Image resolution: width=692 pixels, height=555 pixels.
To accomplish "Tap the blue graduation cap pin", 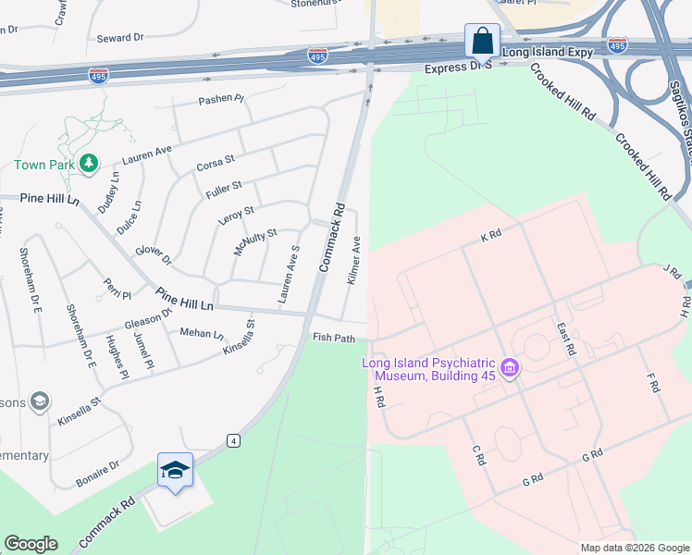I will [175, 471].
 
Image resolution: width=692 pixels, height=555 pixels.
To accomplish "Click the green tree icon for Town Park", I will [89, 164].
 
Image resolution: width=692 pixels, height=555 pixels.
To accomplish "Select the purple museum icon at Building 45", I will [507, 370].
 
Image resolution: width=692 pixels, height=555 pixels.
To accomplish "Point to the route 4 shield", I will [233, 440].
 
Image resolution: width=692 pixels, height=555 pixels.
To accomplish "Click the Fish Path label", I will [334, 339].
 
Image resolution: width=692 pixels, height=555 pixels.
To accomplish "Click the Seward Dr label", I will [120, 38].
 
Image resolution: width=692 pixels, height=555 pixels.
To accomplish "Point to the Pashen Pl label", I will [221, 99].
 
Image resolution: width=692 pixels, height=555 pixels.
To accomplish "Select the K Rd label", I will [490, 237].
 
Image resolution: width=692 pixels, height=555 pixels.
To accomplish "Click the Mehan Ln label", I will [202, 333].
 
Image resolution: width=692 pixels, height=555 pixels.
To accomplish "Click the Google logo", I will [31, 544].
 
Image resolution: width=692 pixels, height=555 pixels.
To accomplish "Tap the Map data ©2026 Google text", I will [635, 548].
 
